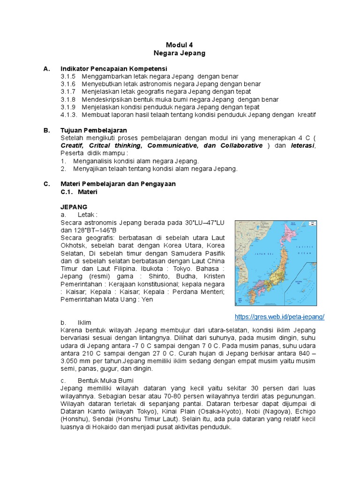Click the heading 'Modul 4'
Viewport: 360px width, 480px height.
[180, 45]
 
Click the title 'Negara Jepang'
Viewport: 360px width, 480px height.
[180, 53]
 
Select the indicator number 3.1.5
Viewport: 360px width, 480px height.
[68, 76]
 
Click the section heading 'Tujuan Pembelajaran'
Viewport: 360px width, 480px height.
[94, 130]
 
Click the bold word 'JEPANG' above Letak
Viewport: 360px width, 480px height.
[74, 207]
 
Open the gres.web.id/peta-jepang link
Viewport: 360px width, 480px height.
[279, 316]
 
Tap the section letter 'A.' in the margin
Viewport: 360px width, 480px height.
[46, 68]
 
